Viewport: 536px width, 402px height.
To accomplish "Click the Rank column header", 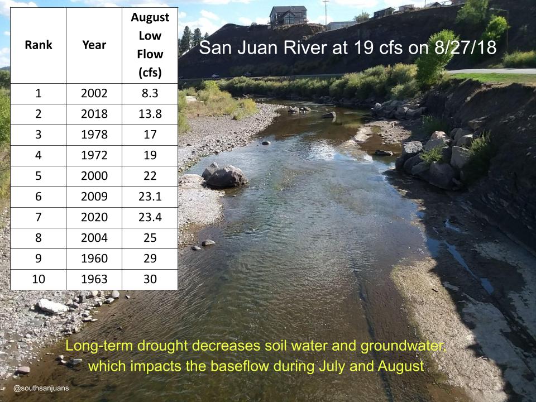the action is pyautogui.click(x=39, y=45).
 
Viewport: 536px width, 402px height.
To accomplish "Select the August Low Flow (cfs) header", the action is pyautogui.click(x=150, y=45).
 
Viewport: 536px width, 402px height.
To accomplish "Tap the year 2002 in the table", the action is pyautogui.click(x=94, y=93).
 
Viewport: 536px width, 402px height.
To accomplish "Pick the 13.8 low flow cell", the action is pyautogui.click(x=150, y=114).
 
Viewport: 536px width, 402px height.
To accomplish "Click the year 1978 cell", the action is pyautogui.click(x=94, y=135).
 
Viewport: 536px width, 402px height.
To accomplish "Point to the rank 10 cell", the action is pyautogui.click(x=39, y=279).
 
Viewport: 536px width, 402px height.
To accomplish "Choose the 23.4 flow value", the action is pyautogui.click(x=150, y=217).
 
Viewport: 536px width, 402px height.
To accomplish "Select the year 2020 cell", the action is pyautogui.click(x=94, y=217).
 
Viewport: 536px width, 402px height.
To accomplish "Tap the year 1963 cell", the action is pyautogui.click(x=94, y=279).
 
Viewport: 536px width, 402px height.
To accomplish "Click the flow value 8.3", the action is pyautogui.click(x=150, y=93).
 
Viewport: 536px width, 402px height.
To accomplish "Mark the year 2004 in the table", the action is pyautogui.click(x=94, y=238).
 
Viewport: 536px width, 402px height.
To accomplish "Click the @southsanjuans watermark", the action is pyautogui.click(x=41, y=389).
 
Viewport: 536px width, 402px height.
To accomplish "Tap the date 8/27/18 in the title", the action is pyautogui.click(x=465, y=47).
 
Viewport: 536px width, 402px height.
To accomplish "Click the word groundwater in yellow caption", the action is pyautogui.click(x=403, y=346).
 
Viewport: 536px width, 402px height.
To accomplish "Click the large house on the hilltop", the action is pyautogui.click(x=288, y=16).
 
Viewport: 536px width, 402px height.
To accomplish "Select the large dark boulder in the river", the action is pyautogui.click(x=225, y=176).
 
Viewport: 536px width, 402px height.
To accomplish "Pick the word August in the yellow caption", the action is pyautogui.click(x=401, y=366).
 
